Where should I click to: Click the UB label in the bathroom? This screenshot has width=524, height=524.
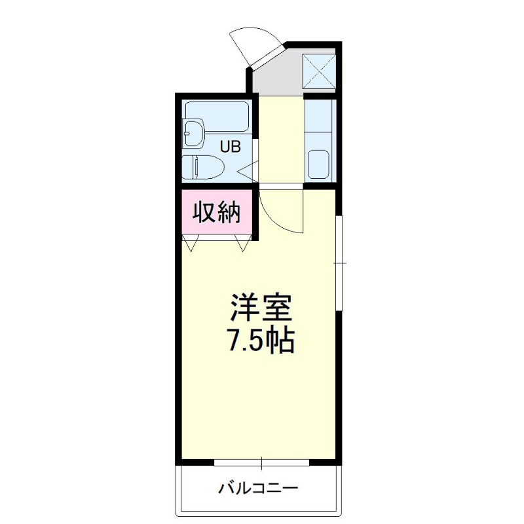230,147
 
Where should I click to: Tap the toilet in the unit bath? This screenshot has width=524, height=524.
202,168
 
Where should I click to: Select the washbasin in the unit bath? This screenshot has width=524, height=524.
195,133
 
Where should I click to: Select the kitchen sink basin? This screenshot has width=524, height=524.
319,164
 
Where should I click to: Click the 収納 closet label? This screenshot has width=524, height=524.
216,213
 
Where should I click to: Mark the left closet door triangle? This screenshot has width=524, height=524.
191,244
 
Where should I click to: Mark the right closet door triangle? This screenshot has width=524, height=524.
244,244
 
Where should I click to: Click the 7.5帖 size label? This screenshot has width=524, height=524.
260,341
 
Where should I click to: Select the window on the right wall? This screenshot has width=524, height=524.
339,262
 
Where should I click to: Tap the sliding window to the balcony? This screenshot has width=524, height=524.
261,462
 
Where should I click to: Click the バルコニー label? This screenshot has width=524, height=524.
259,488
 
